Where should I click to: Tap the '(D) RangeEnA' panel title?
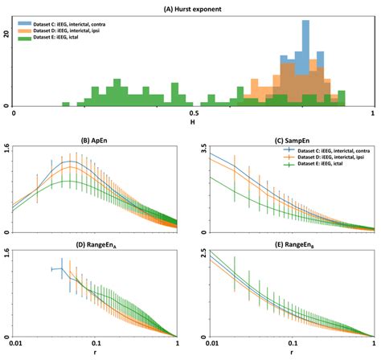click(x=95, y=243)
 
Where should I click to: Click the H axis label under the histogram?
click(x=190, y=123)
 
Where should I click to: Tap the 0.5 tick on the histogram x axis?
click(x=190, y=114)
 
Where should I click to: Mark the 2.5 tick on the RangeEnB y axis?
click(x=202, y=252)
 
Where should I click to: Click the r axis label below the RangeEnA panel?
click(x=95, y=354)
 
